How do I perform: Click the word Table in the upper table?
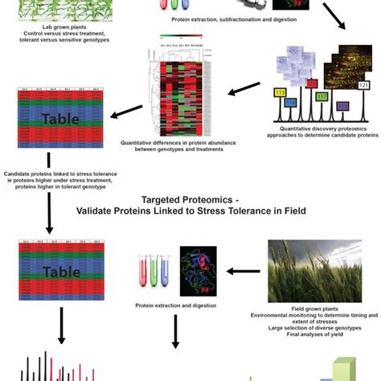tap(47, 121)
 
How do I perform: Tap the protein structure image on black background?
tap(198, 269)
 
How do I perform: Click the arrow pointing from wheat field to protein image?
tap(243, 271)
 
